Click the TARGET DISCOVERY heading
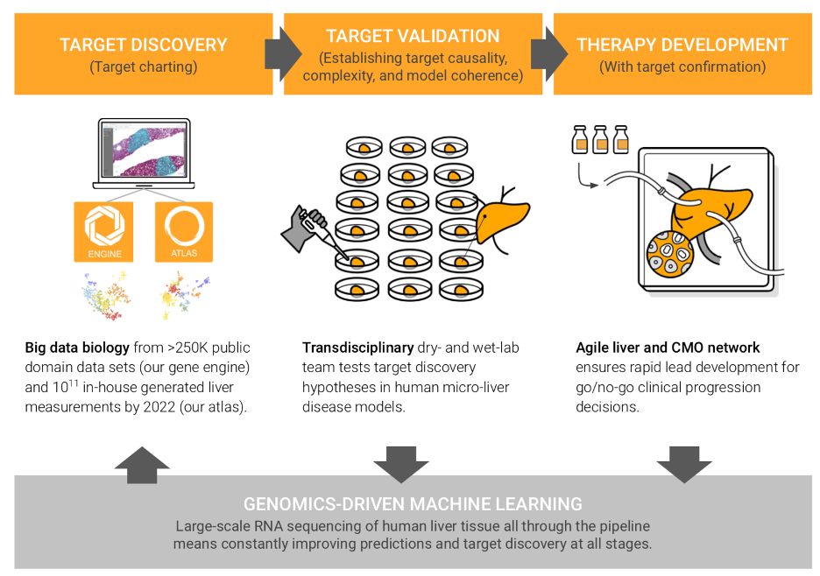[x=144, y=45]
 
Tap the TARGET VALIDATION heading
[x=413, y=36]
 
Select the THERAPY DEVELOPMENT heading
[x=682, y=45]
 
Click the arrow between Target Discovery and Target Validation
[x=283, y=54]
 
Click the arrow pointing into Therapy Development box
[x=549, y=54]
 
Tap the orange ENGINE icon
[x=103, y=232]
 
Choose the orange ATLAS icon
[x=184, y=232]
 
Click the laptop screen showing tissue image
[x=145, y=150]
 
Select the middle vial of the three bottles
[x=600, y=139]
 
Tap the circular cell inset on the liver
[x=670, y=254]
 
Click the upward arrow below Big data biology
[x=142, y=465]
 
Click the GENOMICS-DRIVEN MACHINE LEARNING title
[x=413, y=504]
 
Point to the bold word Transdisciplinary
[x=357, y=348]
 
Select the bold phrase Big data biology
[x=77, y=348]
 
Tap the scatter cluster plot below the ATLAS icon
[x=184, y=295]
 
